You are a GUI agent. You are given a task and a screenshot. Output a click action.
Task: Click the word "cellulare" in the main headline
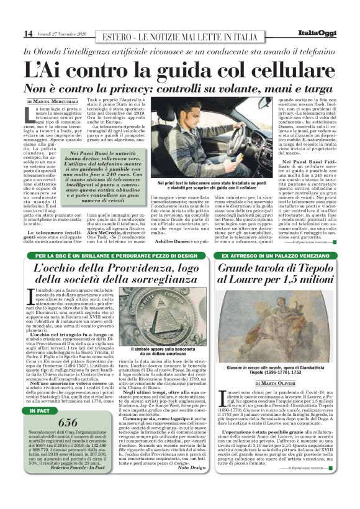coord(269,69)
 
